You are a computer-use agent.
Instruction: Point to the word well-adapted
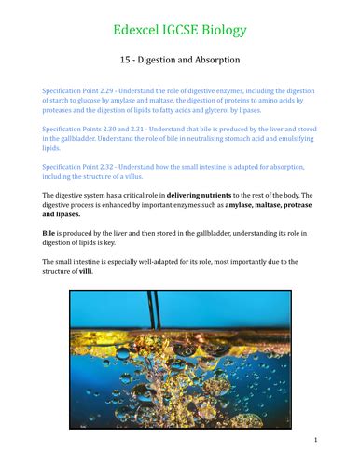pyautogui.click(x=162, y=261)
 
